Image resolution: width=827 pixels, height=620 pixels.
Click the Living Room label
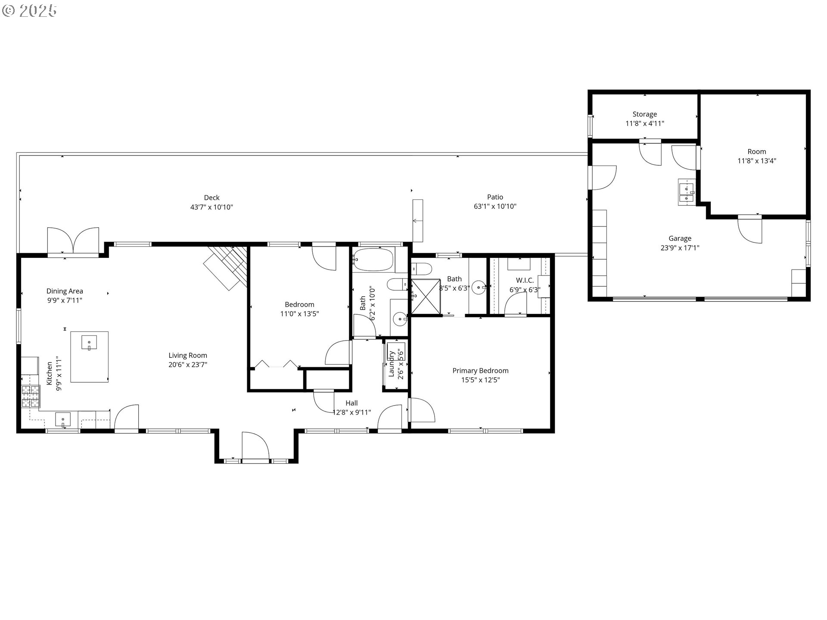[187, 355]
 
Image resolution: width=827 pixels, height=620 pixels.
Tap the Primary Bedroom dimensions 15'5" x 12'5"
[480, 380]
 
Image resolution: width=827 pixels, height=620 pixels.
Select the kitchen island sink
[89, 343]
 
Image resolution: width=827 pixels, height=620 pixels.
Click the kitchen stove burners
[31, 397]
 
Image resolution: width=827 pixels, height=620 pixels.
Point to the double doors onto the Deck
[73, 241]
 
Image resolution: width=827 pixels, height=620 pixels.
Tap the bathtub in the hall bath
[373, 260]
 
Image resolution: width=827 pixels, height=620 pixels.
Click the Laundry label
[392, 364]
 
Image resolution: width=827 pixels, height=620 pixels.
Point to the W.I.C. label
[525, 280]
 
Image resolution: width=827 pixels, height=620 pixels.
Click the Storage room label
[644, 114]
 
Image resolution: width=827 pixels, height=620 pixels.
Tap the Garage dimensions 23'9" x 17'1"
[680, 248]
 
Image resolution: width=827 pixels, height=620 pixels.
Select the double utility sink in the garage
[686, 192]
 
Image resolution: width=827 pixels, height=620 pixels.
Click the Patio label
[495, 197]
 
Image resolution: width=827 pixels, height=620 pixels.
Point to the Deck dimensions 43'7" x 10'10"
[211, 207]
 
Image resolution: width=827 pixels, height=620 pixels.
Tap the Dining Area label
[65, 291]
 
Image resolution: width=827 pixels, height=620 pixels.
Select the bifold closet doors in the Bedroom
[276, 364]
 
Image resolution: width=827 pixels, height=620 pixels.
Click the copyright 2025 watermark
[29, 10]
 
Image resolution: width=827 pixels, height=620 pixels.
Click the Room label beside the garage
[756, 152]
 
